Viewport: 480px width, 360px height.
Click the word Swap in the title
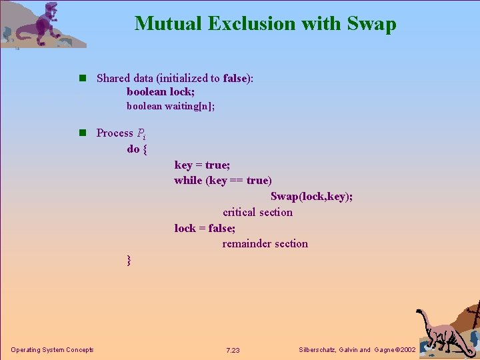point(371,24)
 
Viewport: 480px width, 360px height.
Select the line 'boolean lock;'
point(161,92)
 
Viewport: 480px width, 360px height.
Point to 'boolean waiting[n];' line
point(171,106)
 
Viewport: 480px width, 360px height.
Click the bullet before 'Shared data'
point(82,78)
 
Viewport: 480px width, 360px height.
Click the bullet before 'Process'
point(82,133)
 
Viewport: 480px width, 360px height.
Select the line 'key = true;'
point(202,165)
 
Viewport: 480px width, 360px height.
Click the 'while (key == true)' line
point(223,181)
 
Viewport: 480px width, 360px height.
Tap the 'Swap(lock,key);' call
point(311,197)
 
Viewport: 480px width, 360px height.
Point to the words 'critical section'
point(257,213)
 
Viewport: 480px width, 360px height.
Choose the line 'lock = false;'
point(205,228)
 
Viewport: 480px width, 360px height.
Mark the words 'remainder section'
point(265,244)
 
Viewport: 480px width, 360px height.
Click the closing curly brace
point(129,260)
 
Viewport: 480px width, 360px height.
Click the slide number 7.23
point(233,351)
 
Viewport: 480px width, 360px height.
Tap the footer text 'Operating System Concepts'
point(52,350)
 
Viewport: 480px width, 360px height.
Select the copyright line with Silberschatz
point(357,350)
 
